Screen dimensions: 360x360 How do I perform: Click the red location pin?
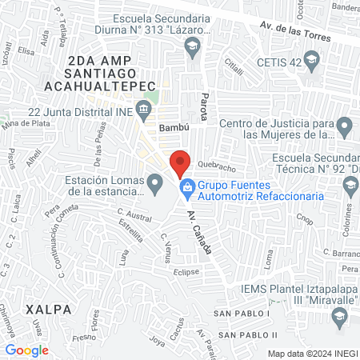pos(180,162)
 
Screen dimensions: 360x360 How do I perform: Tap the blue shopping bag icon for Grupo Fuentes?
pos(186,188)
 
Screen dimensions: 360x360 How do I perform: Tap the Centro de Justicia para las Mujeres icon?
pos(346,126)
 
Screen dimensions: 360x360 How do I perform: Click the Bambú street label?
pos(171,127)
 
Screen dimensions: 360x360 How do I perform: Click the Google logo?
pos(27,350)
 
